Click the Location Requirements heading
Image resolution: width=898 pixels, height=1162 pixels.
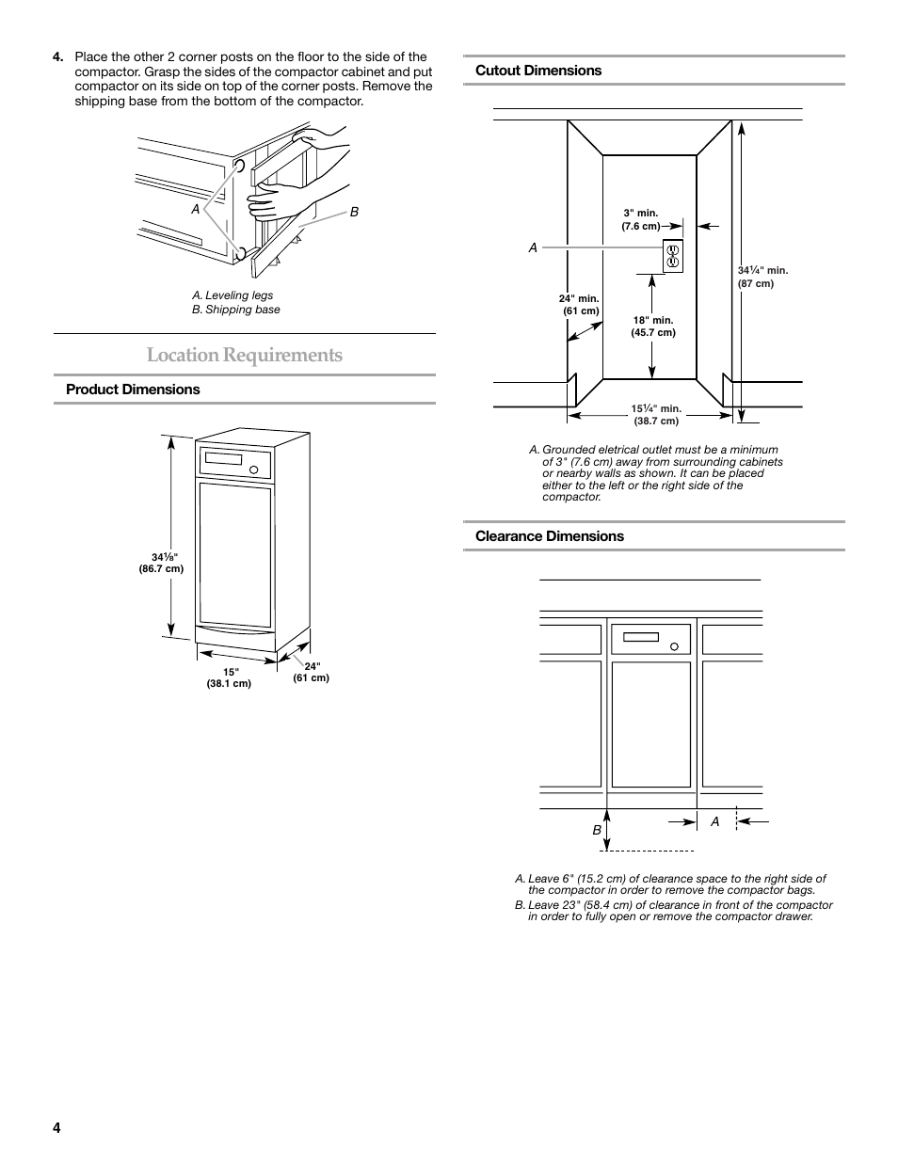244,356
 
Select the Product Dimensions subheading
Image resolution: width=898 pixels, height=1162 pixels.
133,390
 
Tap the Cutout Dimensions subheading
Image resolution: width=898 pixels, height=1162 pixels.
538,71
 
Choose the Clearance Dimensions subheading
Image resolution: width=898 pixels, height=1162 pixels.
550,536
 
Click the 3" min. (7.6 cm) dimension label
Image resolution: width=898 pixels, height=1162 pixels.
641,219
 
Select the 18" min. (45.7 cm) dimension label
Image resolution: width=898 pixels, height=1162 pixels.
653,326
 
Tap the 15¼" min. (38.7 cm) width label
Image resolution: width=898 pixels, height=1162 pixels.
656,415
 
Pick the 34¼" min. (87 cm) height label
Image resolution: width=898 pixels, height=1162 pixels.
762,277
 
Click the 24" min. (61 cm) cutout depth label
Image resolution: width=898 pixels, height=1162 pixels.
579,305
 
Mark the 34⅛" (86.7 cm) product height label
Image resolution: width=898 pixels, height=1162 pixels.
161,563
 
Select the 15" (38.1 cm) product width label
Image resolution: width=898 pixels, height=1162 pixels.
229,677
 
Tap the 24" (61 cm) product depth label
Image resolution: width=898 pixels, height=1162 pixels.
312,672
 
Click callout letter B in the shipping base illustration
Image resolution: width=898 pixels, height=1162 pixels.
355,213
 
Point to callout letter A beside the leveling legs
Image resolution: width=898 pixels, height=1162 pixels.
196,210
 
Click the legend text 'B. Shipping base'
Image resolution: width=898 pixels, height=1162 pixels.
235,310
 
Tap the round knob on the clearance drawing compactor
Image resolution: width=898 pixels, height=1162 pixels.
674,646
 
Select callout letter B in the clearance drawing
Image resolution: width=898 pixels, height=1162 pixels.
596,831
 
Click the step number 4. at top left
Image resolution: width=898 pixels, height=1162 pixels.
58,57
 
